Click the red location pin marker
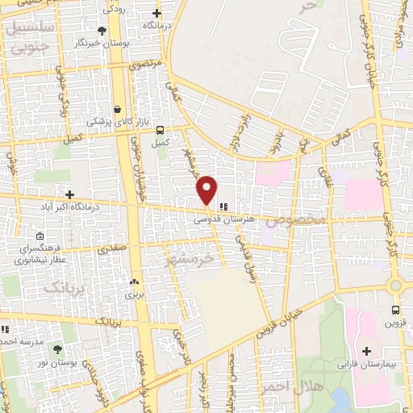(207, 190)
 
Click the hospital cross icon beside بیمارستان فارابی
(367, 351)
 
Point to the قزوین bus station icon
(395, 310)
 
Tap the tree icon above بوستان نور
(57, 348)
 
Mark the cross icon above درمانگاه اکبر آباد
(70, 194)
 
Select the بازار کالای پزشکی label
(119, 121)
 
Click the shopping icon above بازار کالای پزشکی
(118, 108)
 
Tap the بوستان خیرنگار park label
(100, 42)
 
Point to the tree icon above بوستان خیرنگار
(101, 30)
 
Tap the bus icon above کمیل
(161, 129)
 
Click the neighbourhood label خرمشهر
(202, 260)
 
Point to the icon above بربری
(134, 282)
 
